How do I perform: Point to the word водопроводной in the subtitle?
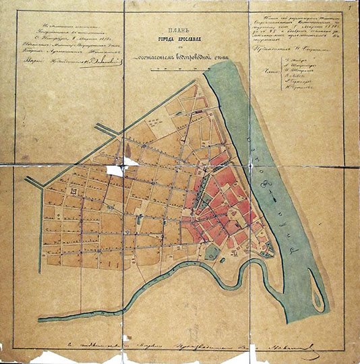[x=204, y=59]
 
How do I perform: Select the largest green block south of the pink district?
[x=212, y=252]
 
